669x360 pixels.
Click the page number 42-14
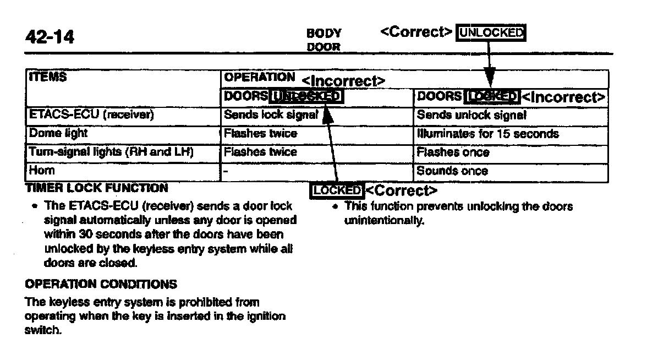[50, 37]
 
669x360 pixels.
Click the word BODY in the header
[323, 34]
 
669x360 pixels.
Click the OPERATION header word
[259, 77]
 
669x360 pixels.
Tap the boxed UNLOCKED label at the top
[491, 33]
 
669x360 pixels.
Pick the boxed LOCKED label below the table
[337, 190]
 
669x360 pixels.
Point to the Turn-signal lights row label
[110, 152]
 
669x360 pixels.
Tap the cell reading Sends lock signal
[271, 115]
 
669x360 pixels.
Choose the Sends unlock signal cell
[471, 115]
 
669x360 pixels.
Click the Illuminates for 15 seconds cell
[487, 134]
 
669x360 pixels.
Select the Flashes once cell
[453, 152]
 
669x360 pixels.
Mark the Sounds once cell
[452, 171]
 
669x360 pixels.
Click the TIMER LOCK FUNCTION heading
[96, 188]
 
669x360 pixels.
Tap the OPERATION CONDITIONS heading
[101, 284]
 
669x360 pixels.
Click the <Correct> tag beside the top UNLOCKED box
[416, 32]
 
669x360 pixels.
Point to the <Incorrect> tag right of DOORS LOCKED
[563, 98]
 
